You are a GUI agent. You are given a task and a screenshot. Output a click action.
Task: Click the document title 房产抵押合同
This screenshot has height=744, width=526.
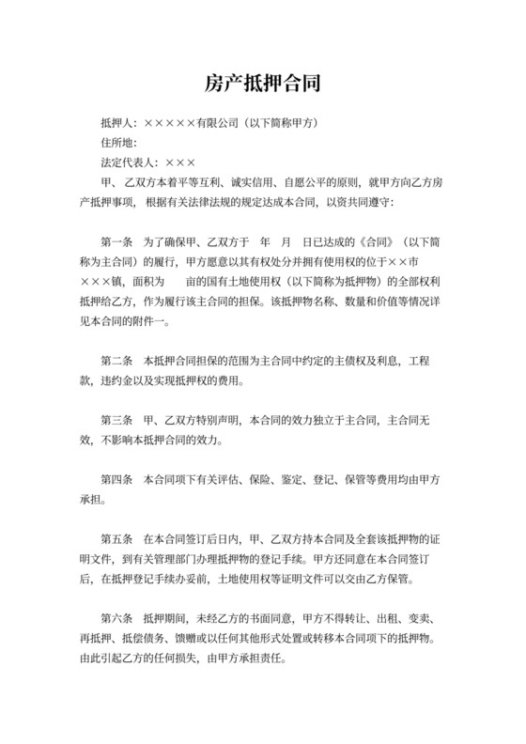click(x=263, y=85)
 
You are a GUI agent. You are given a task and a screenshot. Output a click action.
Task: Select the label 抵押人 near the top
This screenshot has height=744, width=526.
click(x=117, y=123)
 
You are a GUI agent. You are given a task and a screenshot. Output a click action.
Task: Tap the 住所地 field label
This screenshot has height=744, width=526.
click(x=117, y=142)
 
